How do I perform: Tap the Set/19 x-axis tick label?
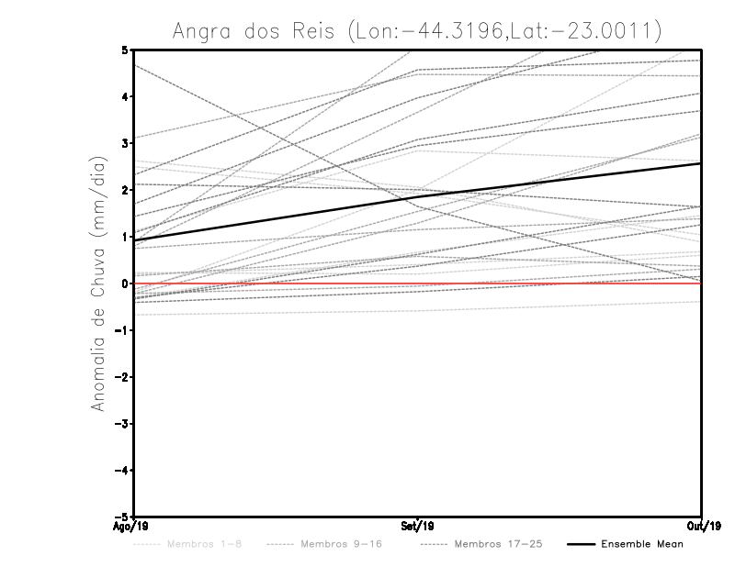click(418, 526)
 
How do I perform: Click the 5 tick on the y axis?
click(124, 50)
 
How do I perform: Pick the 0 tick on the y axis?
click(124, 283)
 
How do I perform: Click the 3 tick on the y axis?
click(124, 143)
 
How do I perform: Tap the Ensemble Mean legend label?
click(642, 545)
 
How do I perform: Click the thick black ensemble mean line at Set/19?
click(418, 196)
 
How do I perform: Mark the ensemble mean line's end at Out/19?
click(700, 163)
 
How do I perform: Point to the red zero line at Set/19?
click(418, 283)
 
